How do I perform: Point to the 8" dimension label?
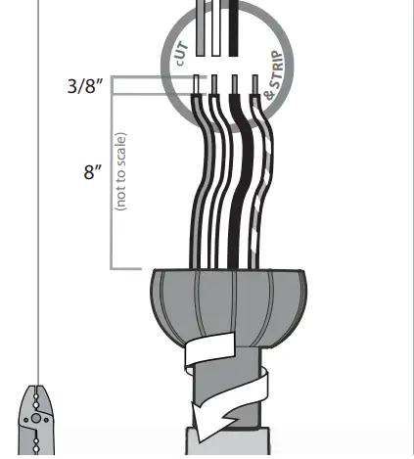click(x=93, y=172)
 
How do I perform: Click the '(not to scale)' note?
click(x=121, y=172)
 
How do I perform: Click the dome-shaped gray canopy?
click(x=227, y=303)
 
